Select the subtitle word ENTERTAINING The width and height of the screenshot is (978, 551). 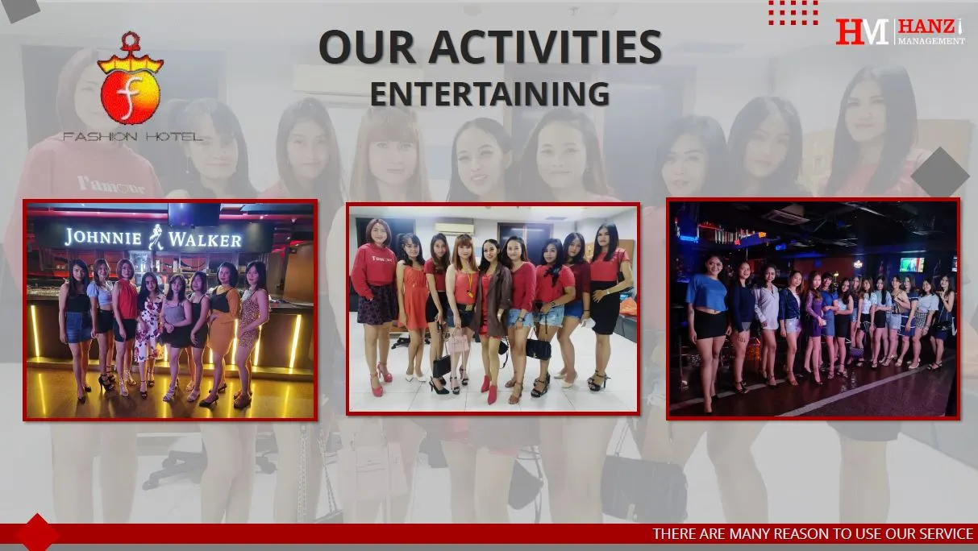[x=489, y=94]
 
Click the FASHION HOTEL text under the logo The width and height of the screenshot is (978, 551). [x=132, y=137]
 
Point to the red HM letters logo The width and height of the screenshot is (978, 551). [x=862, y=31]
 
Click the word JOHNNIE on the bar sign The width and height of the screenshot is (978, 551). [x=104, y=237]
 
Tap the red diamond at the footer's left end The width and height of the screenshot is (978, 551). [x=36, y=533]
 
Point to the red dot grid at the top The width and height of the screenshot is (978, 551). [x=793, y=11]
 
